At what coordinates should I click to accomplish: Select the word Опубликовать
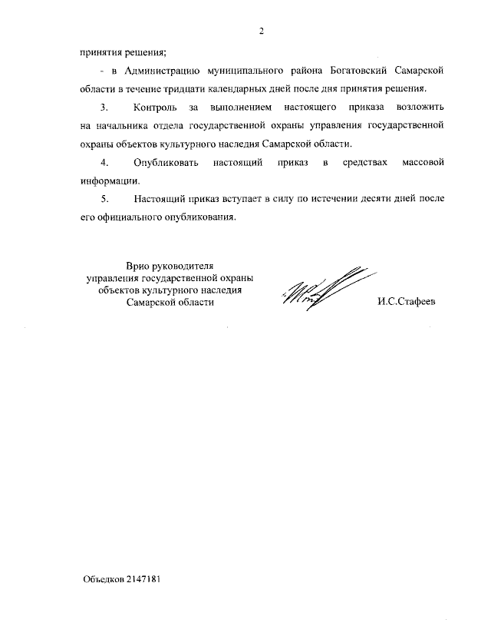pyautogui.click(x=166, y=164)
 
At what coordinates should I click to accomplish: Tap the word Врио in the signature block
pyautogui.click(x=140, y=266)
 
